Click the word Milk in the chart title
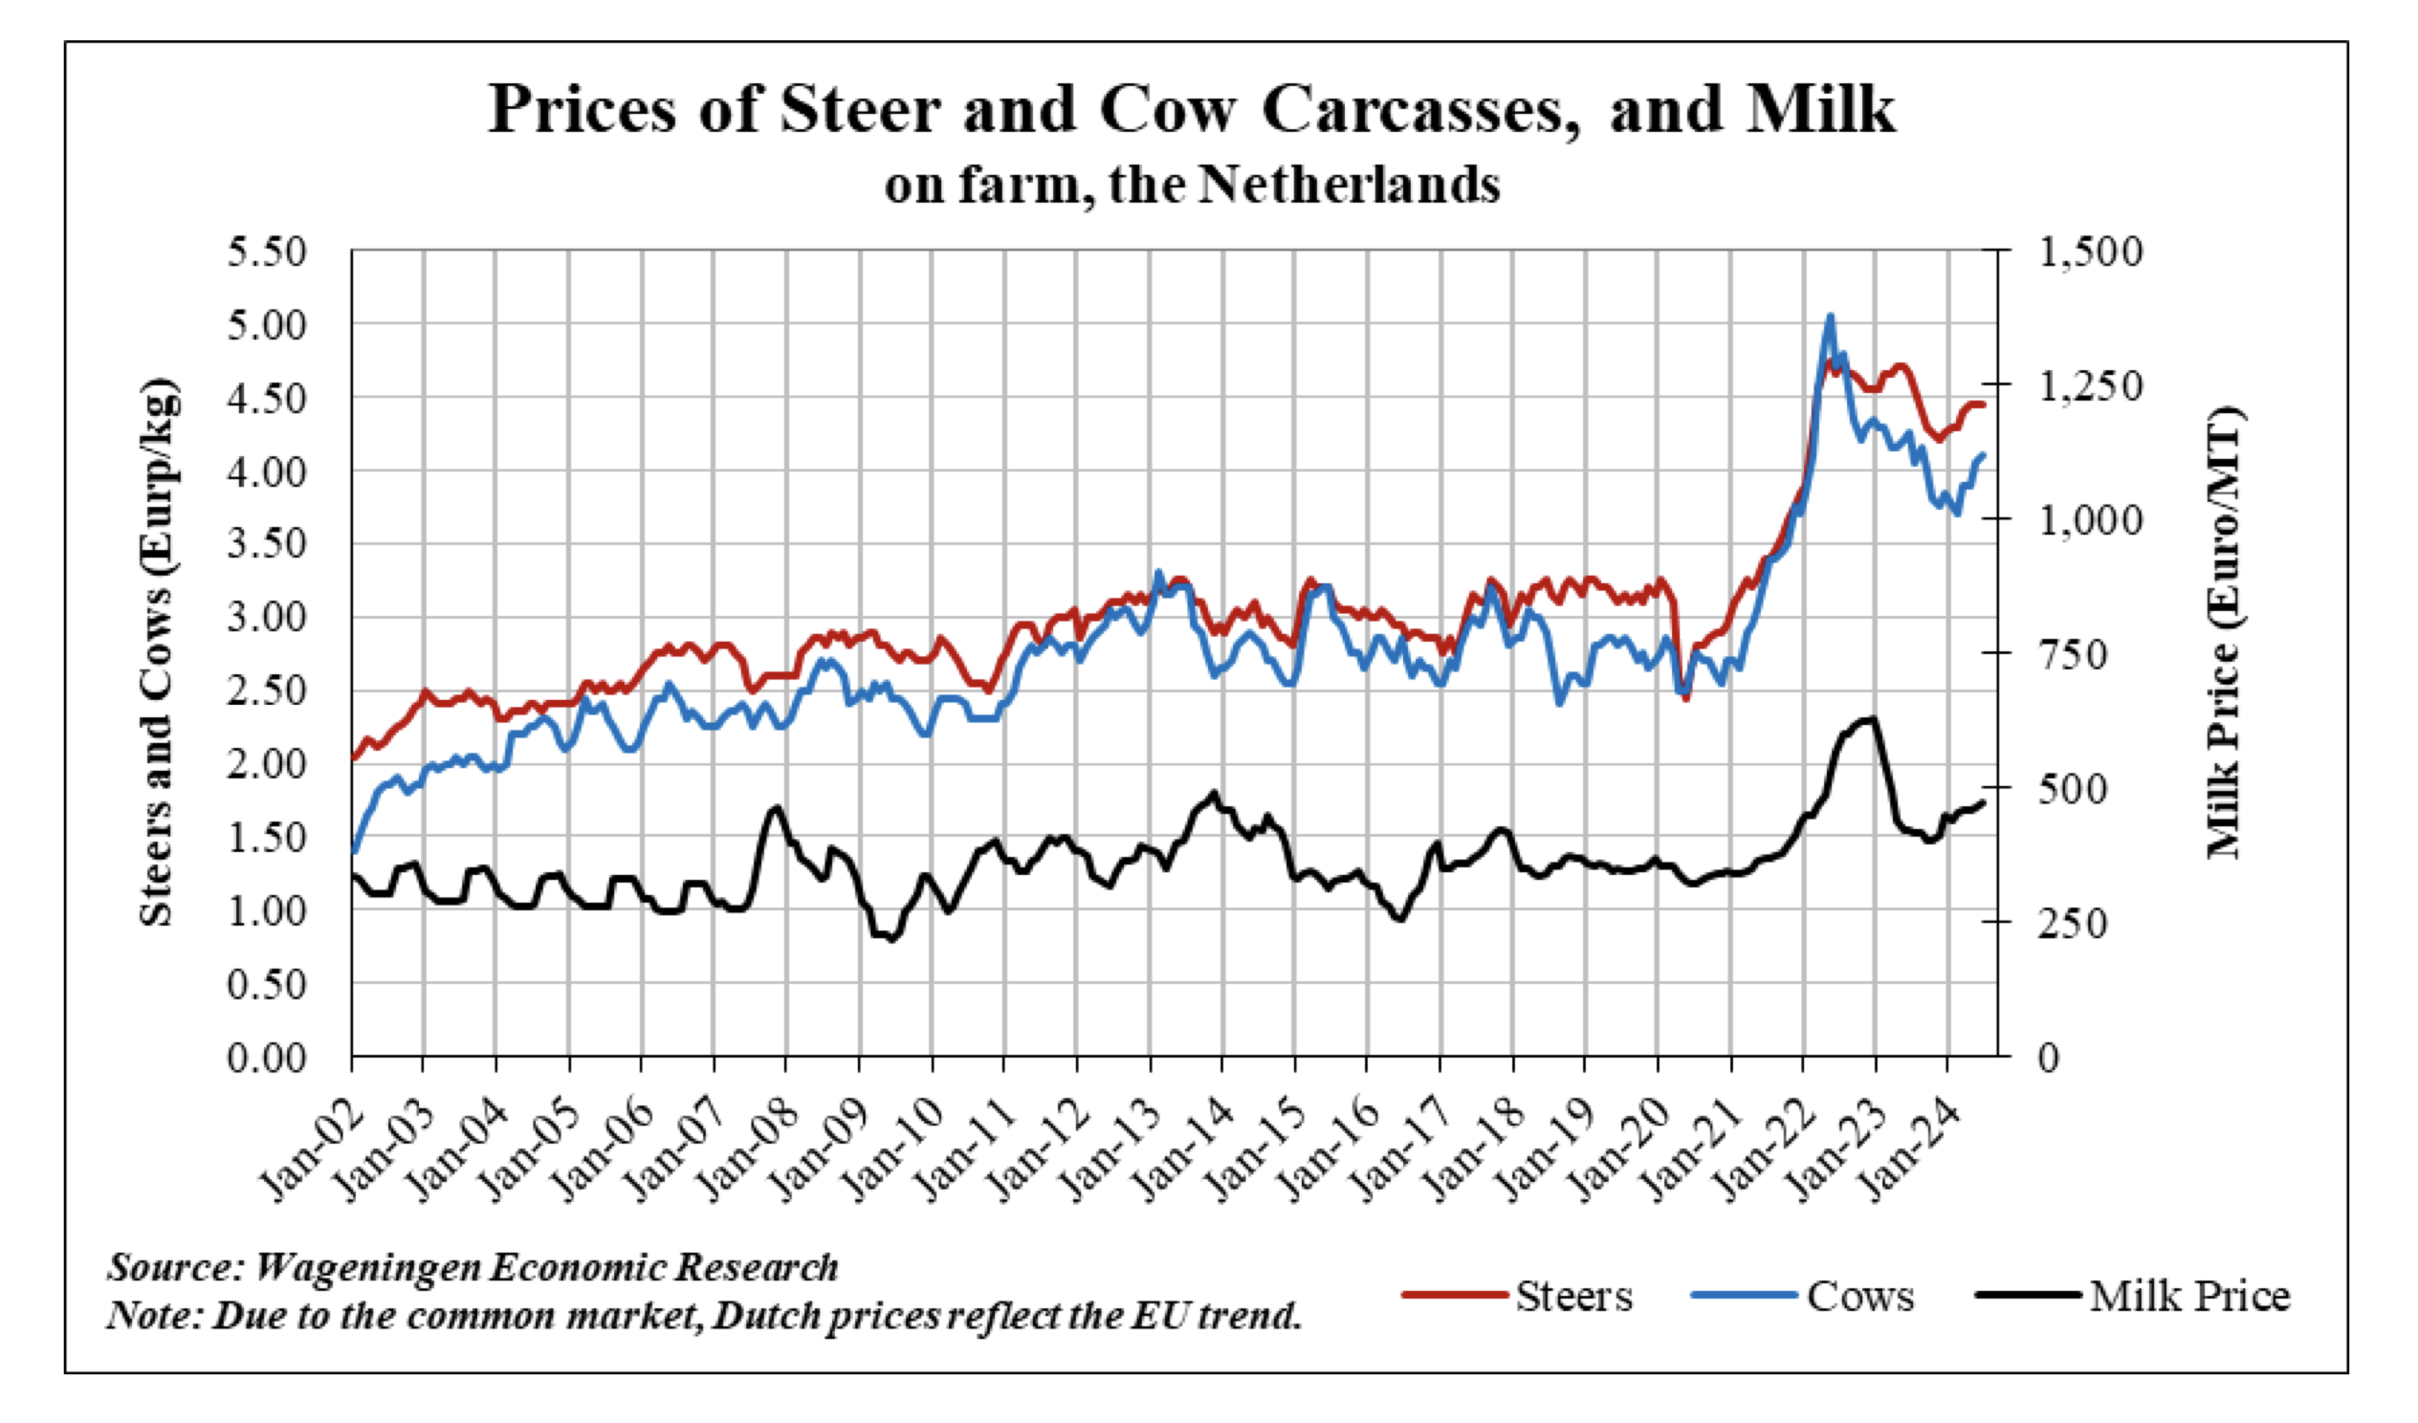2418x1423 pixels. pyautogui.click(x=1820, y=109)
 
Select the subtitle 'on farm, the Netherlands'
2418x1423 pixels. pyautogui.click(x=1192, y=185)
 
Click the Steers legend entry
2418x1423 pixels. pyautogui.click(x=1572, y=1297)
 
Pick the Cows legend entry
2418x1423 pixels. pyautogui.click(x=1859, y=1297)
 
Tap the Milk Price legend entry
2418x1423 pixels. pyautogui.click(x=2189, y=1297)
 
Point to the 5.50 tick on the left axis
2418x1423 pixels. pyautogui.click(x=267, y=252)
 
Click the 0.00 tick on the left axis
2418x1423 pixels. pyautogui.click(x=267, y=1058)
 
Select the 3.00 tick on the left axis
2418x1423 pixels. pyautogui.click(x=267, y=617)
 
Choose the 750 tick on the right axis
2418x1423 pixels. pyautogui.click(x=2072, y=655)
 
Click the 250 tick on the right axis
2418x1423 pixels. pyautogui.click(x=2072, y=924)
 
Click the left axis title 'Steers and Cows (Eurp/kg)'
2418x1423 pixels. pyautogui.click(x=158, y=652)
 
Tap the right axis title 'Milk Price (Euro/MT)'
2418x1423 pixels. pyautogui.click(x=2224, y=633)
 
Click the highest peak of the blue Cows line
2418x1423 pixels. pyautogui.click(x=1830, y=316)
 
